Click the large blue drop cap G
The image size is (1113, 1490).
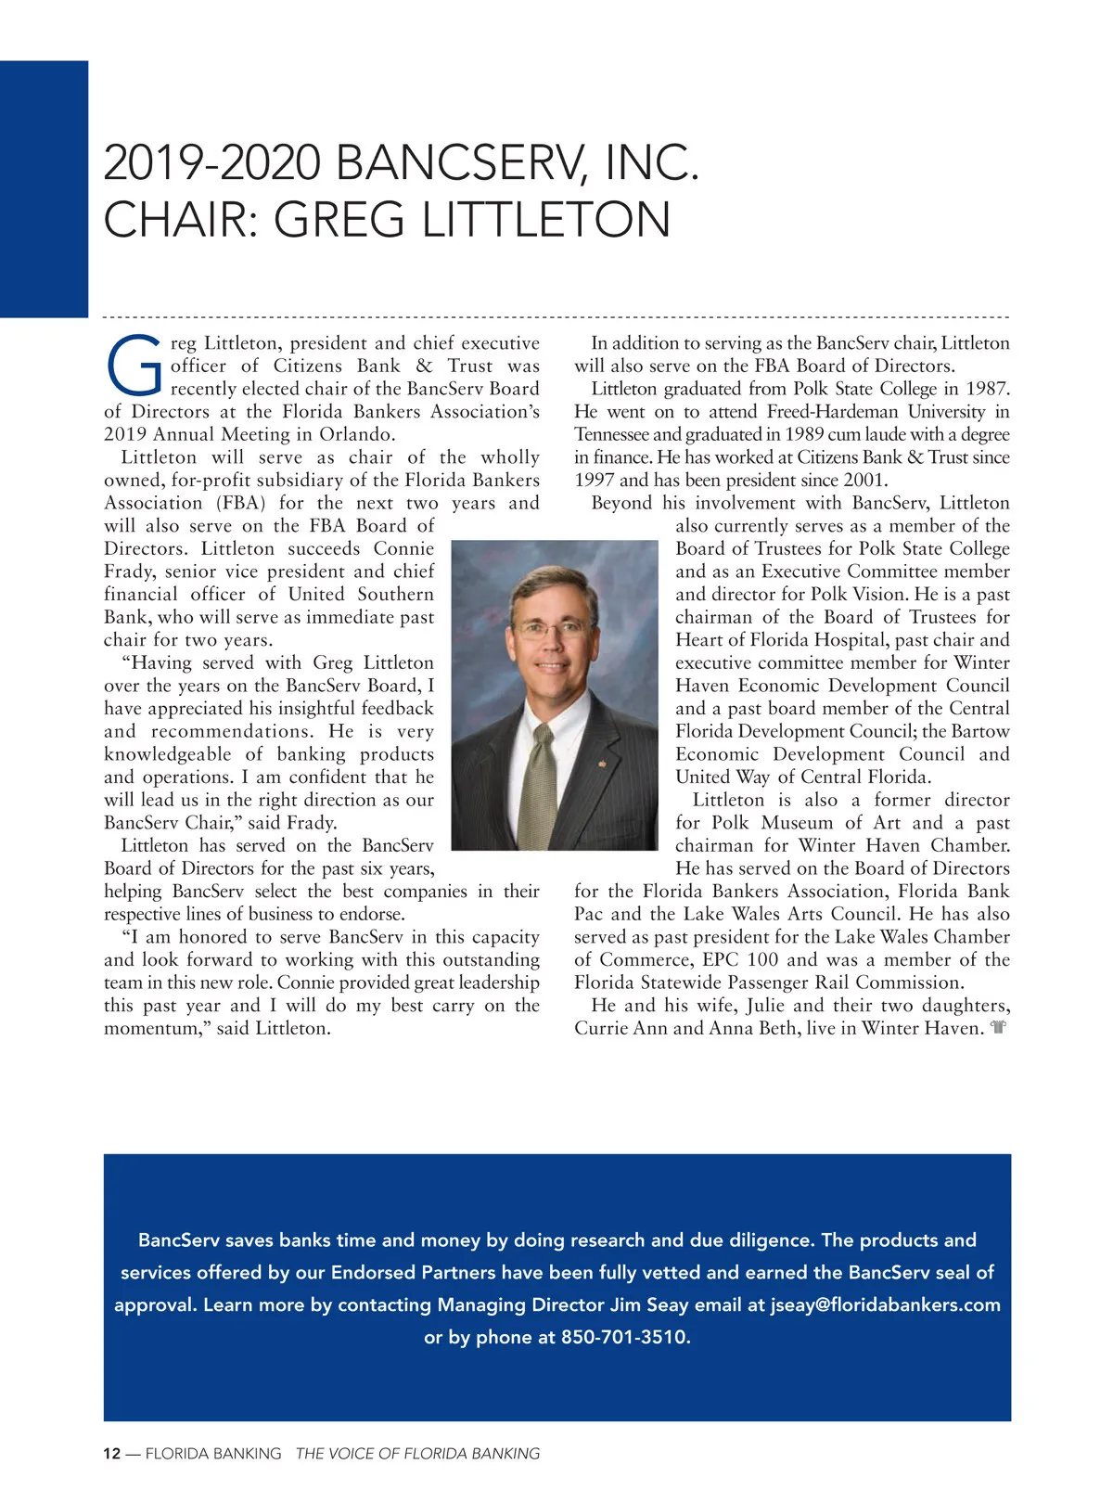[x=135, y=363]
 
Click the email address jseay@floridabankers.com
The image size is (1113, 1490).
[x=886, y=1304]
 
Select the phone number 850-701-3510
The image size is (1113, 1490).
[x=625, y=1337]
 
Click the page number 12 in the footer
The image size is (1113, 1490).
[x=111, y=1454]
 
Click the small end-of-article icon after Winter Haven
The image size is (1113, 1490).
[x=998, y=1028]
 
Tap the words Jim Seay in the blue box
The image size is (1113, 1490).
[x=649, y=1304]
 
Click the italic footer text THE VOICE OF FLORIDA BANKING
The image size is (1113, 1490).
[x=417, y=1454]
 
